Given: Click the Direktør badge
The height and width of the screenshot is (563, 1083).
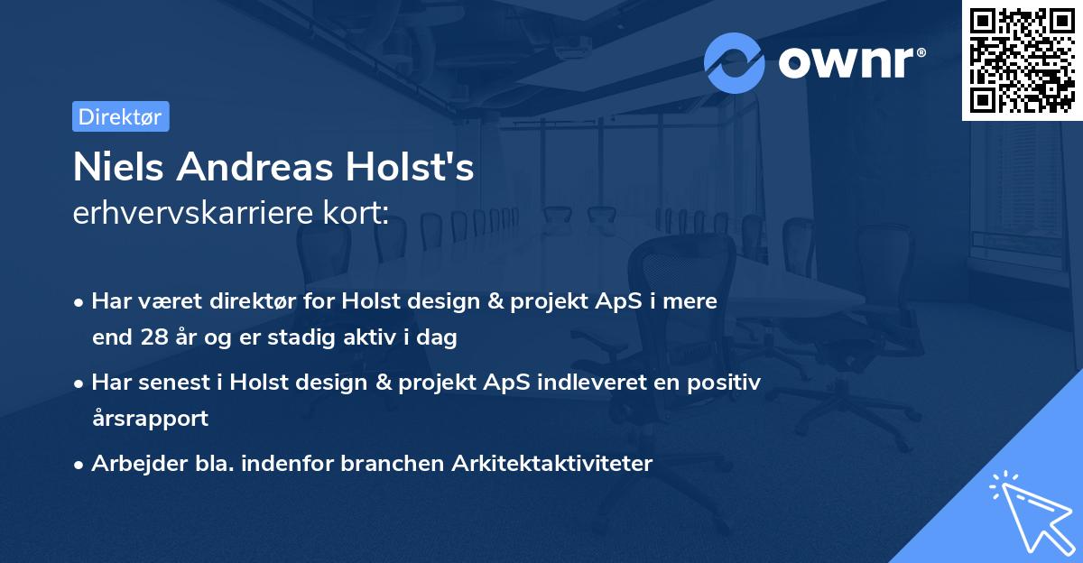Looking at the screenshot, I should (120, 116).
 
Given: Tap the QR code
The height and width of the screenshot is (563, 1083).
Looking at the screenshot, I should (1022, 60).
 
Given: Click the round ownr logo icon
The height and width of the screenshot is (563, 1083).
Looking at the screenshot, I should (735, 62).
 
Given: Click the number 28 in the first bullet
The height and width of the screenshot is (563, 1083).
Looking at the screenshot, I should (154, 338).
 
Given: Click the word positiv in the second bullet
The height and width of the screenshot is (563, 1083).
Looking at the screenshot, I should (730, 382).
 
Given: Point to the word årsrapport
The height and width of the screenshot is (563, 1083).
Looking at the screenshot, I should (150, 419).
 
